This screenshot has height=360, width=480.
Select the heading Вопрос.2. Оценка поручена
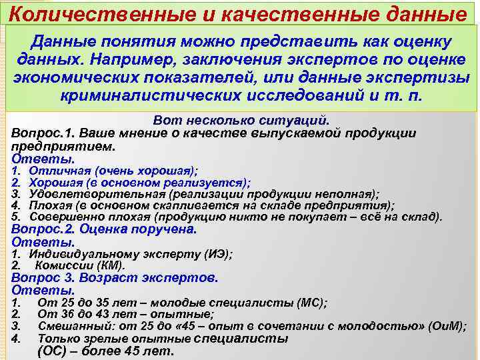(104, 229)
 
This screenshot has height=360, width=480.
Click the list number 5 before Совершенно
(15, 217)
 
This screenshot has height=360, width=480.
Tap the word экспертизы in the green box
(427, 76)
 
